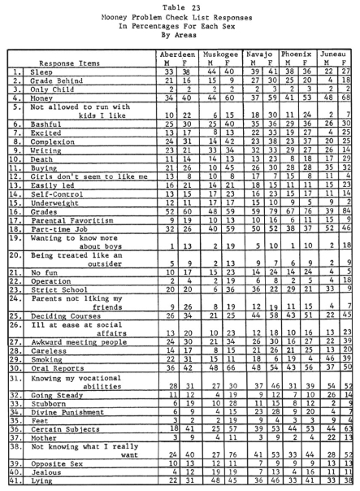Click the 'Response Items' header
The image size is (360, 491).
(x=76, y=59)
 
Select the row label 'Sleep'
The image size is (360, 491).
(x=35, y=70)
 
